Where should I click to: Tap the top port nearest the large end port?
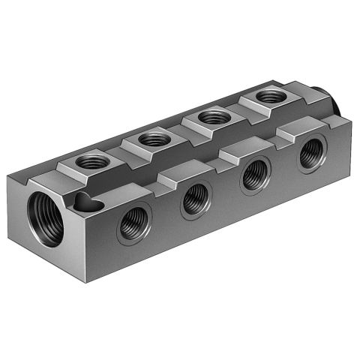click(93, 160)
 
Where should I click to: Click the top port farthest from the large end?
click(268, 97)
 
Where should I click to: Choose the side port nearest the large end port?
click(135, 223)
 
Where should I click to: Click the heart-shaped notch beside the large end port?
click(86, 201)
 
